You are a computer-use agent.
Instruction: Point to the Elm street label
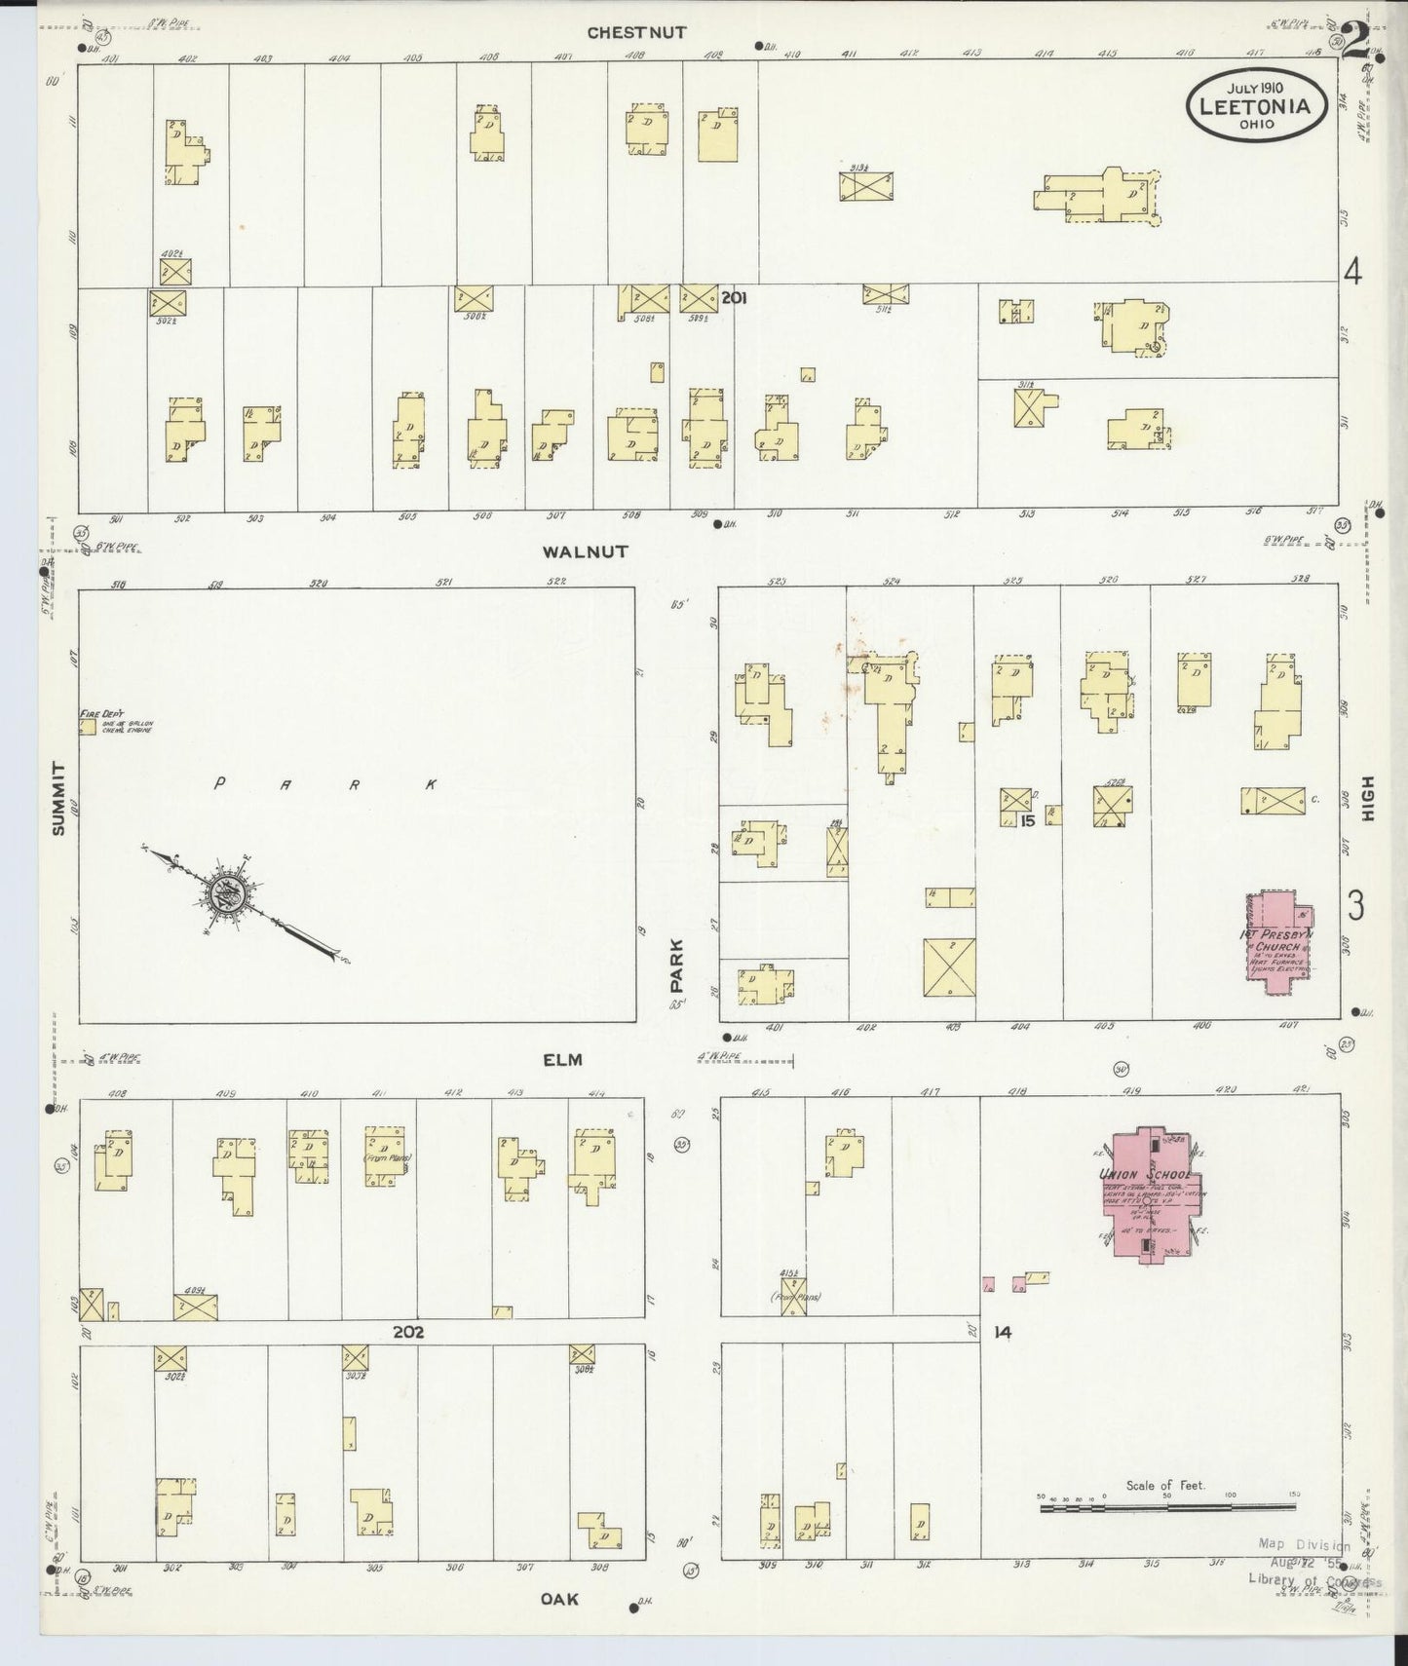pos(563,1060)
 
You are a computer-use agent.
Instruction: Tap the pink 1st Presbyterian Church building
pos(1279,940)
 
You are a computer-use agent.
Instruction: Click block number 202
pos(407,1331)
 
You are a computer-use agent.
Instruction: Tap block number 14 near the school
pos(1003,1332)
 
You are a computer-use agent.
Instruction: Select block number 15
pos(1027,821)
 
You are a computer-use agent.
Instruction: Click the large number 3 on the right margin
pos(1355,907)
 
